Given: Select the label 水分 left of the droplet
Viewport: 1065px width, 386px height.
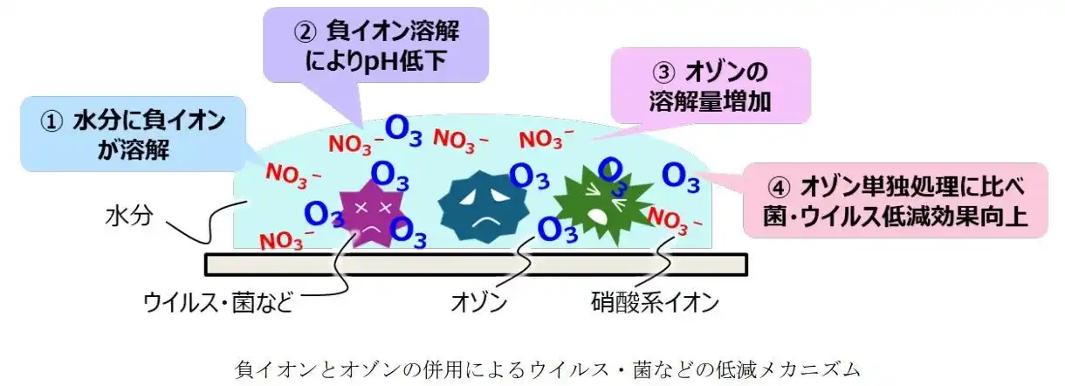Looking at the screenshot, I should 129,216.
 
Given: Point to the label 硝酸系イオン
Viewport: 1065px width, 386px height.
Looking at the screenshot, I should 655,304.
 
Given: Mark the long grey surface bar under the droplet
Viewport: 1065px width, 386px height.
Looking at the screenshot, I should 476,263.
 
